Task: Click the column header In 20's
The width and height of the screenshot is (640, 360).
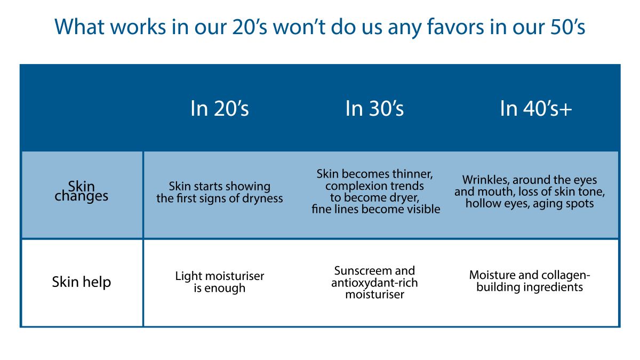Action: point(219,108)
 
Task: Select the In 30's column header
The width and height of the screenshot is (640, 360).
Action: point(374,108)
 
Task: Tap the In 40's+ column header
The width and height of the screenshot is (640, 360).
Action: point(535,108)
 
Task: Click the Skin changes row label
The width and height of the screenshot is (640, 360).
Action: point(81,191)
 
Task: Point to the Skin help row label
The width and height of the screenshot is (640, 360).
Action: point(81,282)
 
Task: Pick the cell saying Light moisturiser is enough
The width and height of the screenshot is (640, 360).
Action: point(220,282)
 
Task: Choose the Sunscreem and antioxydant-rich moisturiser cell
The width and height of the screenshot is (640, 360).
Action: point(374,282)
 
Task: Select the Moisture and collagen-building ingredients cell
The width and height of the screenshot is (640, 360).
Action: point(530,281)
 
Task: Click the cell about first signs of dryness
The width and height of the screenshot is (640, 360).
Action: point(220,193)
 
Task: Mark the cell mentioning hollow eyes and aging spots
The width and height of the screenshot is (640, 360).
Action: point(530,192)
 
